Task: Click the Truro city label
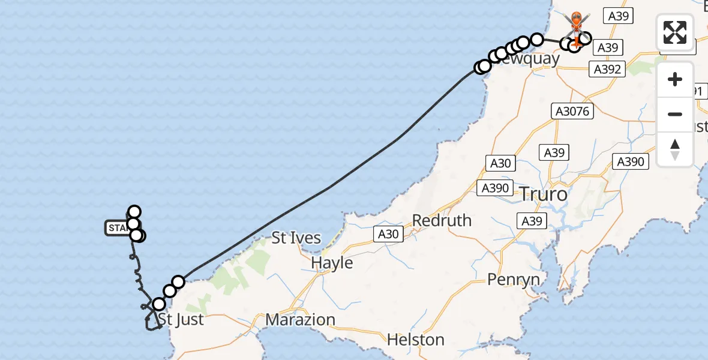point(542,194)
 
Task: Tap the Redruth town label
point(442,221)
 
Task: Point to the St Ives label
point(296,238)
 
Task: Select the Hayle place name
point(332,263)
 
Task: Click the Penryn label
point(514,280)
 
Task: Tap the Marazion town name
point(300,320)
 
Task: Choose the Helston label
point(416,340)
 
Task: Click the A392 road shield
point(607,70)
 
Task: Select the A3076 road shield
point(573,111)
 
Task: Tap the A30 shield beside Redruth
point(389,234)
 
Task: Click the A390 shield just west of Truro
point(495,188)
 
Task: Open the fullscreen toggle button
point(675,32)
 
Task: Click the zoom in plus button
point(675,79)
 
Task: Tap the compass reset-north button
point(675,149)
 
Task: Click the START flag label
point(118,228)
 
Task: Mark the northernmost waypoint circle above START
point(134,211)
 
